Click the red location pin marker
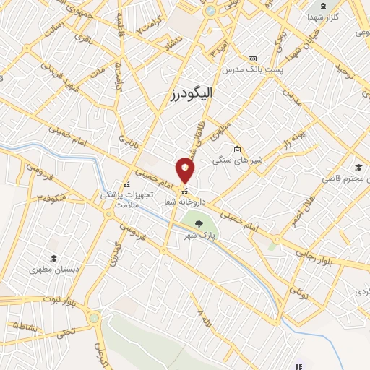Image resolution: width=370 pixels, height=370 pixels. click(x=185, y=169)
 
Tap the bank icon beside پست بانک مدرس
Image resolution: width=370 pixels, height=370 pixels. click(x=251, y=59)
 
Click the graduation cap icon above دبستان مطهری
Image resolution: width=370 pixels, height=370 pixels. click(x=53, y=258)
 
